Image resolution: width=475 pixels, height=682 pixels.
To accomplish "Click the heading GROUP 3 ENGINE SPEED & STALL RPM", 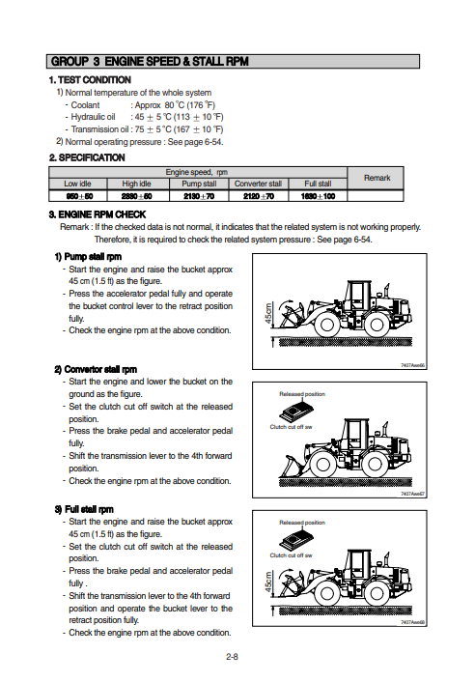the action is (x=150, y=61).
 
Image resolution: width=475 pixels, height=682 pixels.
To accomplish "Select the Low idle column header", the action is (x=78, y=184).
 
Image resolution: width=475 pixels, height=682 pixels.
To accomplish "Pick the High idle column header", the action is (x=136, y=184).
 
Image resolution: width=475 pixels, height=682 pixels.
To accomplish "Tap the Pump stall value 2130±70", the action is (x=199, y=196).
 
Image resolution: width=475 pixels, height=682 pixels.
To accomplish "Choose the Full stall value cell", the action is (x=318, y=196).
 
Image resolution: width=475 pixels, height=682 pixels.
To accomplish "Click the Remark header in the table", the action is (x=377, y=178).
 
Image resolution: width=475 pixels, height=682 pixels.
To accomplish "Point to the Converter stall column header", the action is (x=258, y=184).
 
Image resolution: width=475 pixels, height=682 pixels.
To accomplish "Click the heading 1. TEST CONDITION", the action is (x=90, y=80).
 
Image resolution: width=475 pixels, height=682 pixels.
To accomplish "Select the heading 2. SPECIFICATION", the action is (x=87, y=157).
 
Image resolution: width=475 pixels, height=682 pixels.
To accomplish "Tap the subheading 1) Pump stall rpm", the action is (x=88, y=257).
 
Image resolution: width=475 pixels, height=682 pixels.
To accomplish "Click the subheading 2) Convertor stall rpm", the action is (x=96, y=370).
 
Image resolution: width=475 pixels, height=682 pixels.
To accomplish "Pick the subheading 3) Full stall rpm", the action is (x=84, y=509).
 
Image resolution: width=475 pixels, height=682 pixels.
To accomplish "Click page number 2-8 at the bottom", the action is (x=232, y=657).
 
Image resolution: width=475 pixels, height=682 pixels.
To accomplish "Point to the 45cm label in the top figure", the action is (x=268, y=314).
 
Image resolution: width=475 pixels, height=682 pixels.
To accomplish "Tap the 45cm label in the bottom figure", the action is (x=268, y=582).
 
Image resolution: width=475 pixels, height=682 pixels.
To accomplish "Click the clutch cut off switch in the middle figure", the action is (x=296, y=412).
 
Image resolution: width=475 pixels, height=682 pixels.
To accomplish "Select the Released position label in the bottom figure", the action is (x=302, y=523).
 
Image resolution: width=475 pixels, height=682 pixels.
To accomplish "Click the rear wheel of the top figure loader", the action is (x=377, y=324).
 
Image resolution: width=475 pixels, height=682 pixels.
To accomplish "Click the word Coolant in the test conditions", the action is (x=85, y=105).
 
